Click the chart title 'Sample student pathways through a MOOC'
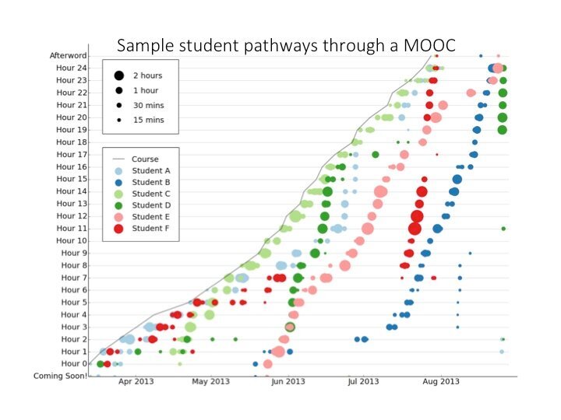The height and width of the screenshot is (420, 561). pyautogui.click(x=285, y=44)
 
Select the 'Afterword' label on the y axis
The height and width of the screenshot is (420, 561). pyautogui.click(x=69, y=56)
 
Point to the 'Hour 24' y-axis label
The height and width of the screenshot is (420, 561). pyautogui.click(x=72, y=68)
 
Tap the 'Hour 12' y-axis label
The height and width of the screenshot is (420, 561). pyautogui.click(x=72, y=216)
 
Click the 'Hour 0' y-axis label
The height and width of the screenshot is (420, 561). pyautogui.click(x=74, y=364)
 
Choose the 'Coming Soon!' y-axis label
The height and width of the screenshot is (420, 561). pyautogui.click(x=60, y=376)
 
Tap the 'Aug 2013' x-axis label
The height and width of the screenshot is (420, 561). pyautogui.click(x=440, y=382)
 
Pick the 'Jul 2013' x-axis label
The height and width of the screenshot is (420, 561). pyautogui.click(x=363, y=382)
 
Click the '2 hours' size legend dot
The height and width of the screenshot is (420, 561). pyautogui.click(x=119, y=75)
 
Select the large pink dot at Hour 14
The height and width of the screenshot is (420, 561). pyautogui.click(x=380, y=191)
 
